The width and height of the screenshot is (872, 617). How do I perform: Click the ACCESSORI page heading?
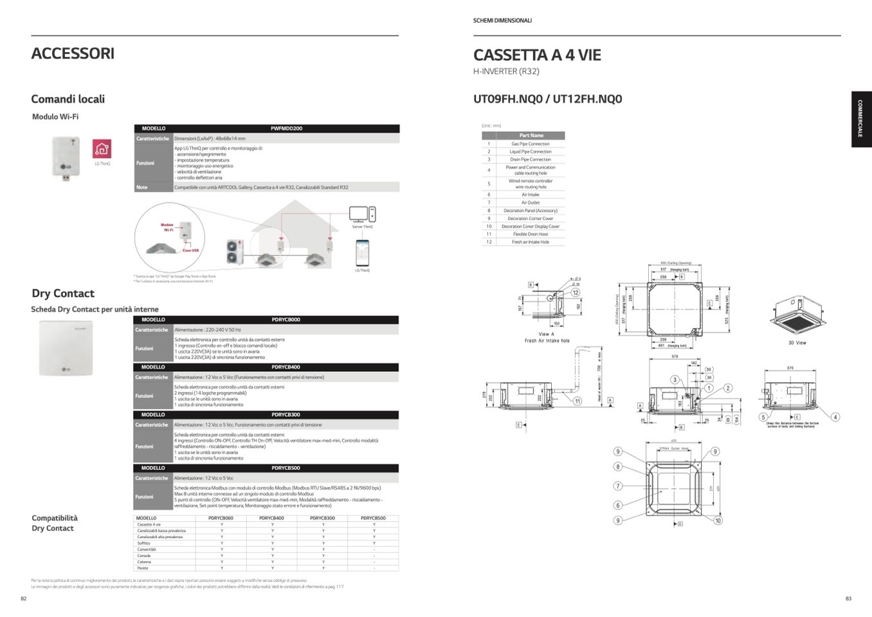click(73, 53)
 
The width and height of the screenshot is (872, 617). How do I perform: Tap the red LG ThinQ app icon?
click(102, 149)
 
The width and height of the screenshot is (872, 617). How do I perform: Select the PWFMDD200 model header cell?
click(286, 129)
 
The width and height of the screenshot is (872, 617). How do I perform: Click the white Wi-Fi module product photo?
click(66, 157)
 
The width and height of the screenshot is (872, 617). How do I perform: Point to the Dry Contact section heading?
click(63, 293)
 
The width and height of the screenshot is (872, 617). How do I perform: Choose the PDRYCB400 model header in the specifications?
click(286, 367)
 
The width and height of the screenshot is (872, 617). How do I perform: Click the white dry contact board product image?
click(66, 348)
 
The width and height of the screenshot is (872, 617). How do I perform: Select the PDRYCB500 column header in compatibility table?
click(373, 518)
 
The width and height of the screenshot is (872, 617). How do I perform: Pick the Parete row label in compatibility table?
click(143, 568)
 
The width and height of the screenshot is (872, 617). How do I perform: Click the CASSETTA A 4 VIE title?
click(537, 55)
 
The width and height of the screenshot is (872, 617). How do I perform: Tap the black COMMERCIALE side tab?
click(860, 119)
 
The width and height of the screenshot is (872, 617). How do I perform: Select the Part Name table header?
click(531, 136)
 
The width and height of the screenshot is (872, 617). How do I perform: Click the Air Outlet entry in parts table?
click(531, 203)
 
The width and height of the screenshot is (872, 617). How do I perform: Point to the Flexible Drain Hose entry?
click(531, 234)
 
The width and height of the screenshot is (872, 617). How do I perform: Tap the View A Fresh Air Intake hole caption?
click(547, 338)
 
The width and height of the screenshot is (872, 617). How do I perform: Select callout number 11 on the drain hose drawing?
click(577, 401)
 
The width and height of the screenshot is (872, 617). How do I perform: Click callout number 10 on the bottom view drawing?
click(718, 520)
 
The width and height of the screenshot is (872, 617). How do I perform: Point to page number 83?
click(848, 599)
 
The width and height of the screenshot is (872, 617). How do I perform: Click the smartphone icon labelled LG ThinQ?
click(363, 252)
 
